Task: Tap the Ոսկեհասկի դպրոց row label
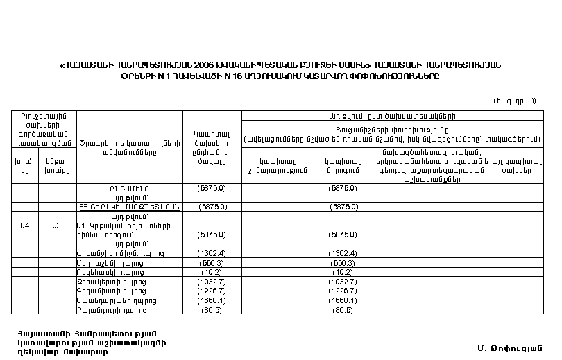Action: [106, 273]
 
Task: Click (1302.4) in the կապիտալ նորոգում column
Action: [343, 253]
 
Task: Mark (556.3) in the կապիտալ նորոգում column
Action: [343, 263]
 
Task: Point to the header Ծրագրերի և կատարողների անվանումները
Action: [128, 146]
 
